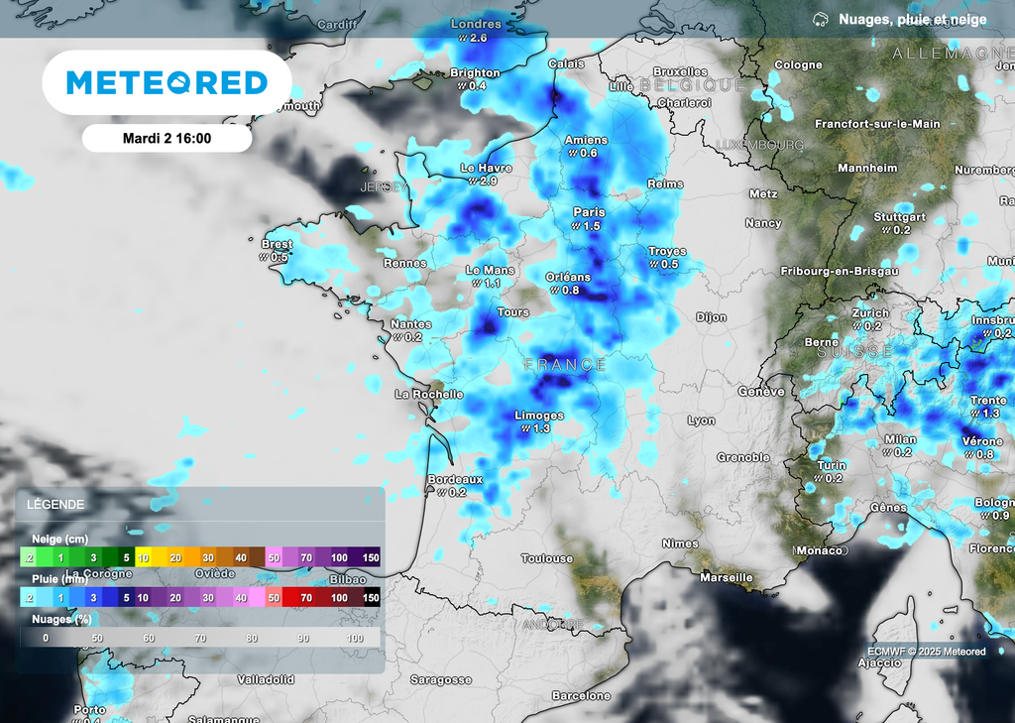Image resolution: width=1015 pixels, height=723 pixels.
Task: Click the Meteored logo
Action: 167,82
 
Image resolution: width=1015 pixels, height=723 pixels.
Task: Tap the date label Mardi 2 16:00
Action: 167,138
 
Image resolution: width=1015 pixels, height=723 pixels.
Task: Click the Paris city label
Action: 589,212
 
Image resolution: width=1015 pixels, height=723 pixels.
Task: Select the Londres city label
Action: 476,24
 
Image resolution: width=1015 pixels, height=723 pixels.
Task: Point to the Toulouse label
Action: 547,558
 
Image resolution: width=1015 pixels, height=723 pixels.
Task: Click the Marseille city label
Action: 726,577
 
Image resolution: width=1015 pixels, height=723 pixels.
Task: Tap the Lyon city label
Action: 701,421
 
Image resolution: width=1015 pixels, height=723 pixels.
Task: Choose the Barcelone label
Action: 581,696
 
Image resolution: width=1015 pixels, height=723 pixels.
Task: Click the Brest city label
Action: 277,244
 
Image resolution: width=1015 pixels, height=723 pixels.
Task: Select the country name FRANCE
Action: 565,365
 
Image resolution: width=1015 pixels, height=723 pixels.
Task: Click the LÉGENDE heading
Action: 56,504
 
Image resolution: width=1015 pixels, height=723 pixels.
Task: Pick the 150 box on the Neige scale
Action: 371,558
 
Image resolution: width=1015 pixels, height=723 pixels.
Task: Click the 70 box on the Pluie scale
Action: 306,598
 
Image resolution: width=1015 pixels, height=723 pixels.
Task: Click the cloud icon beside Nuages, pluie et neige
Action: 820,19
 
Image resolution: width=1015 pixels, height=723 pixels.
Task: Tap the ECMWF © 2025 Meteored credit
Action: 926,652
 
